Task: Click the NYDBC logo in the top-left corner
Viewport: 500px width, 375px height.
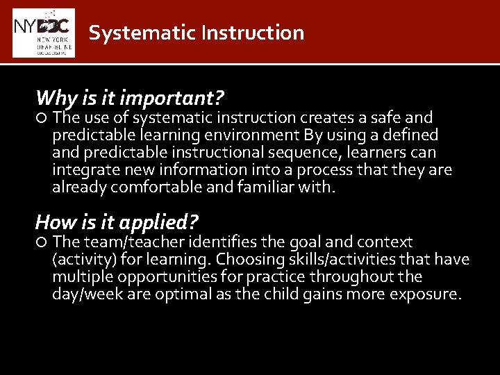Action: tap(43, 33)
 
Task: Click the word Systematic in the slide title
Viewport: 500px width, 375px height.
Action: tap(124, 33)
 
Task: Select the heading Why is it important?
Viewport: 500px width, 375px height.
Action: tap(129, 97)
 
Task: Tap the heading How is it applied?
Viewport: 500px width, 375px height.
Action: tap(117, 222)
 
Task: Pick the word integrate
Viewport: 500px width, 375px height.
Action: tap(80, 169)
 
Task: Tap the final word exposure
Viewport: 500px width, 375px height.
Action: tap(428, 294)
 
